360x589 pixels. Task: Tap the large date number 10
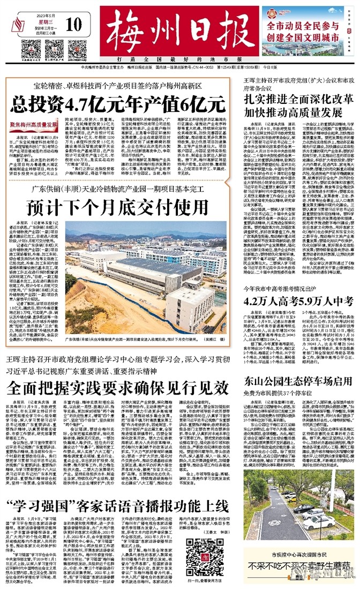point(75,24)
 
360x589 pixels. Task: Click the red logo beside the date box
point(16,24)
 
